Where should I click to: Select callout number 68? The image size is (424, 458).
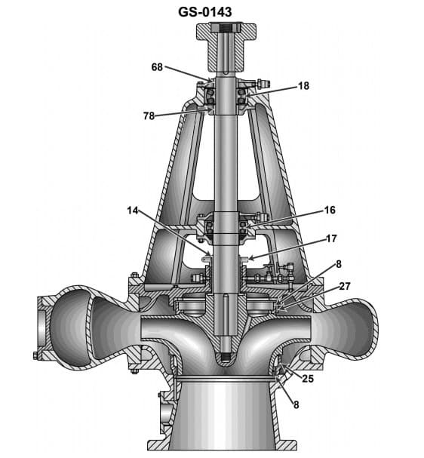157,66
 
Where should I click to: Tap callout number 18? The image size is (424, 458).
303,86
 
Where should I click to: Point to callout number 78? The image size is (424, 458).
149,115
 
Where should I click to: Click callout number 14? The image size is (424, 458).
133,211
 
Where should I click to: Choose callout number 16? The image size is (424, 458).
330,211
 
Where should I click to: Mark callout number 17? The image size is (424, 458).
330,238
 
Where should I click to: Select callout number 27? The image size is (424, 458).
344,286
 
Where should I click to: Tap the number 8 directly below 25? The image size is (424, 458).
296,405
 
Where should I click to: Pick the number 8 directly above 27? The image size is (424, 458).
339,263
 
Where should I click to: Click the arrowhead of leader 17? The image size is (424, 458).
250,259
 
